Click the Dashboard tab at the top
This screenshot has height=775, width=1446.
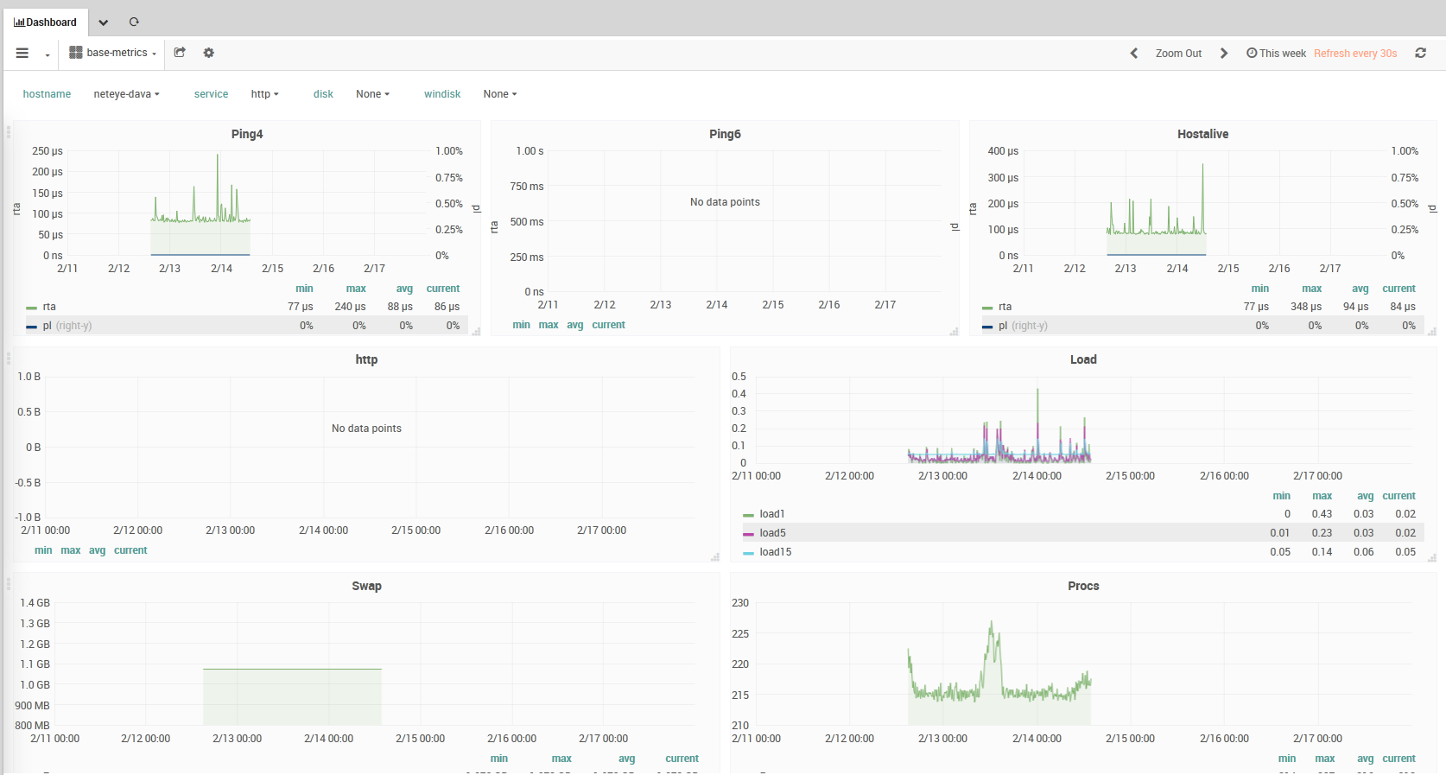click(46, 22)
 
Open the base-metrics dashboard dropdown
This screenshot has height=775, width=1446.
click(113, 53)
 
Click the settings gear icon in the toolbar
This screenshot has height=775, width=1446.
click(208, 53)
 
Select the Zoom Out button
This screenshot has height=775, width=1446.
click(1178, 54)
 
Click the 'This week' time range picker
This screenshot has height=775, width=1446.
click(1276, 54)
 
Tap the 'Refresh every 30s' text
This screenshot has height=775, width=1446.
click(1354, 54)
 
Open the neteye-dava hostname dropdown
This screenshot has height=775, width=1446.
click(126, 94)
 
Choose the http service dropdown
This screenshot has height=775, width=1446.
click(264, 94)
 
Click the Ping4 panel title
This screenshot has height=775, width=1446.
click(247, 134)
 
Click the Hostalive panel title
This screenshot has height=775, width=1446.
click(1202, 134)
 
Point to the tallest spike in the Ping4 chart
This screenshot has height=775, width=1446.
click(218, 156)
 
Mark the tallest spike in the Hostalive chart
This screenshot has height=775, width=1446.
click(1202, 165)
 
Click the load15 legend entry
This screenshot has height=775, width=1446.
click(775, 552)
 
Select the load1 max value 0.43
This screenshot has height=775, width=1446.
click(1322, 514)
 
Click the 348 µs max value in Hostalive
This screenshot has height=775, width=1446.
click(1305, 307)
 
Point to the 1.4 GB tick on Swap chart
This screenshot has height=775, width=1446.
click(35, 603)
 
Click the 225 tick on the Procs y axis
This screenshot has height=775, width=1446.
click(740, 634)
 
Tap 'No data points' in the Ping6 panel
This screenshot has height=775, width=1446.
click(725, 202)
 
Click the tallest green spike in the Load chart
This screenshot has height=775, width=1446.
click(1037, 391)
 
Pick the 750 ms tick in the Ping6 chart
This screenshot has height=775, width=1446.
click(527, 187)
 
